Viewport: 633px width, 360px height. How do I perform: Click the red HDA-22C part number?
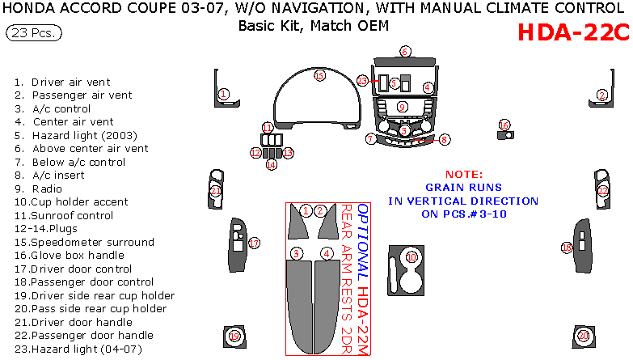pyautogui.click(x=573, y=32)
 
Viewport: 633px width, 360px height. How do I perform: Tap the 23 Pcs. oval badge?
pyautogui.click(x=34, y=32)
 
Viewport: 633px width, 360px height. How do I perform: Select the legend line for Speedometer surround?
pyautogui.click(x=84, y=242)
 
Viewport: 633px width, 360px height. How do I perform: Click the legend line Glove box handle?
pyautogui.click(x=70, y=256)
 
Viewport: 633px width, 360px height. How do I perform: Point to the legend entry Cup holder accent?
pyautogui.click(x=71, y=202)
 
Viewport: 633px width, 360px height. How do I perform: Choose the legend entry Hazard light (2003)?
pyautogui.click(x=76, y=135)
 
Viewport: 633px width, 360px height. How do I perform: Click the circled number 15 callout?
pyautogui.click(x=319, y=75)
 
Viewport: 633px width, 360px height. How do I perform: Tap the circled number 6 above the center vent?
pyautogui.click(x=405, y=52)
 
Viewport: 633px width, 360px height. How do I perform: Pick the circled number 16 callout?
pyautogui.click(x=504, y=125)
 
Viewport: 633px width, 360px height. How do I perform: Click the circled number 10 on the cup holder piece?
pyautogui.click(x=411, y=257)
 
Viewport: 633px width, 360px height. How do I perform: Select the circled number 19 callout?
pyautogui.click(x=234, y=337)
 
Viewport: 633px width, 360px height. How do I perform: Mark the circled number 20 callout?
pyautogui.click(x=584, y=336)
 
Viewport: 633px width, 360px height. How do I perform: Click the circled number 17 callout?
pyautogui.click(x=254, y=244)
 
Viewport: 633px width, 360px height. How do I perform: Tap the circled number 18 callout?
pyautogui.click(x=567, y=248)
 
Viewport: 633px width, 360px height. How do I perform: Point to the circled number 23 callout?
pyautogui.click(x=362, y=81)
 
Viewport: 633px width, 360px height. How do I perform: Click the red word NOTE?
pyautogui.click(x=464, y=175)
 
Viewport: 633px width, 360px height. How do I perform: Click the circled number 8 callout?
pyautogui.click(x=445, y=140)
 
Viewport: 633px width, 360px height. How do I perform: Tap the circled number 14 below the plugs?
pyautogui.click(x=272, y=165)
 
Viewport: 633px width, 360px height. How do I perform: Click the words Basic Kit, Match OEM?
pyautogui.click(x=314, y=26)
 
